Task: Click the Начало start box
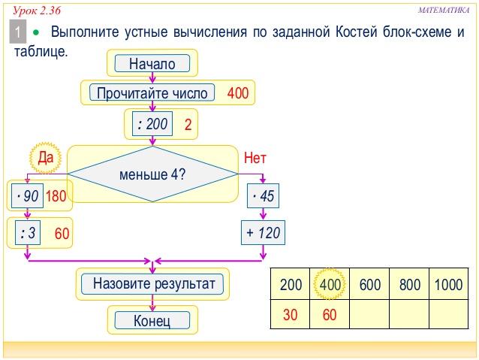[152, 63]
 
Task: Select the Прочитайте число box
[152, 92]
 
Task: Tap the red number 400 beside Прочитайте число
[238, 93]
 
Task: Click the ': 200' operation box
[152, 124]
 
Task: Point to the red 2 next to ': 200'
[188, 125]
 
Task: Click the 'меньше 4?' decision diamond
[152, 174]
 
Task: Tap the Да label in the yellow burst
[46, 158]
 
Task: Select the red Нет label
[255, 158]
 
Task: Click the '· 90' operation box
[28, 195]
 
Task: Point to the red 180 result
[56, 196]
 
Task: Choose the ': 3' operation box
[28, 233]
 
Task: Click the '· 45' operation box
[263, 195]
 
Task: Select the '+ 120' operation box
[263, 232]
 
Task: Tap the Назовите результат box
[152, 283]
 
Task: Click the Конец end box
[152, 320]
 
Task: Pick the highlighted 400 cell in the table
[330, 284]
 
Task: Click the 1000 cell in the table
[449, 284]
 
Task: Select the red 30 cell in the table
[291, 314]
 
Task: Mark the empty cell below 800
[409, 314]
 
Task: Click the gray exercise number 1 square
[18, 32]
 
